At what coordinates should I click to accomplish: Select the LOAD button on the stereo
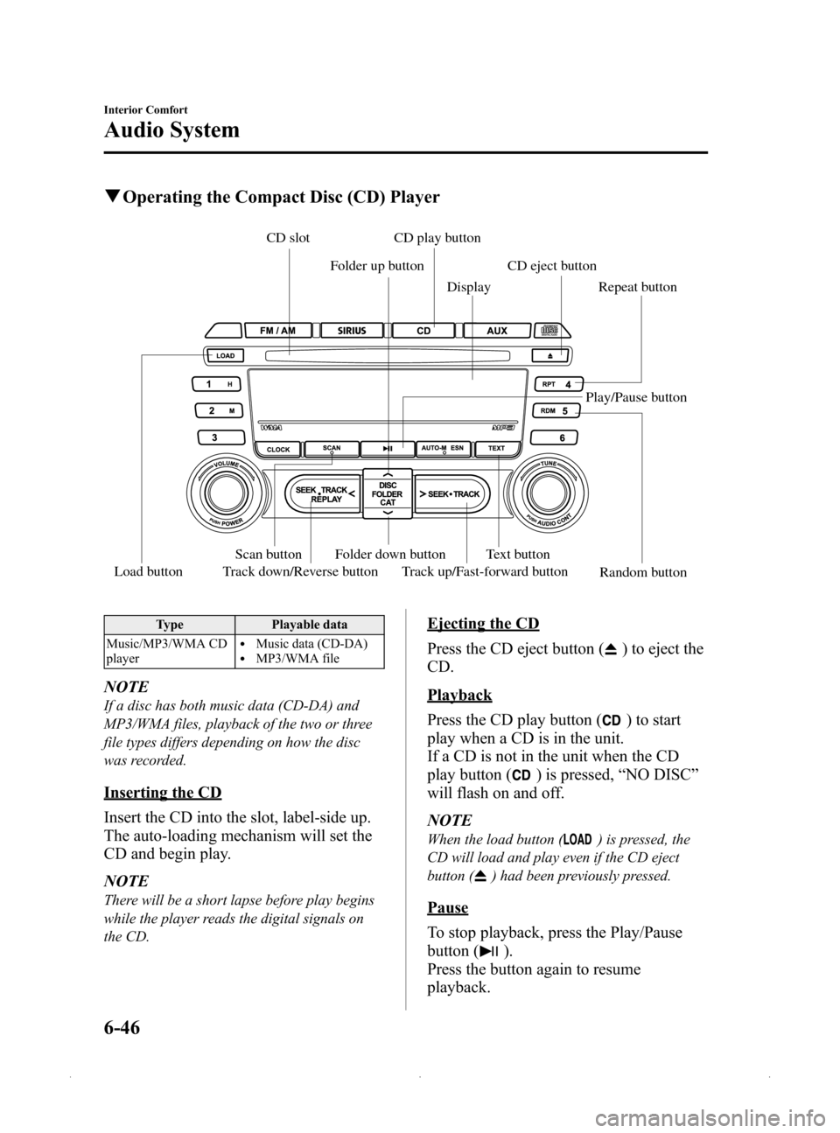[226, 356]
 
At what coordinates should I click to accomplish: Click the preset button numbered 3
[213, 437]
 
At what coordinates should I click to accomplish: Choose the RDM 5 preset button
[554, 410]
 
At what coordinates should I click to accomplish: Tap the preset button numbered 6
[554, 437]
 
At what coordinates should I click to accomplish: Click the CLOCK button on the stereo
[277, 449]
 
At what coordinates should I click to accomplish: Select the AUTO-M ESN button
[447, 448]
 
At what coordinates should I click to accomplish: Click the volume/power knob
[224, 493]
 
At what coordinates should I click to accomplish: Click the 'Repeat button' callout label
[637, 287]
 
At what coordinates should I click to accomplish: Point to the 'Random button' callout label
[643, 573]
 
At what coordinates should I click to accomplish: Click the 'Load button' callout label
[149, 572]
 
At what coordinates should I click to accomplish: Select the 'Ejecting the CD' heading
[483, 624]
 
